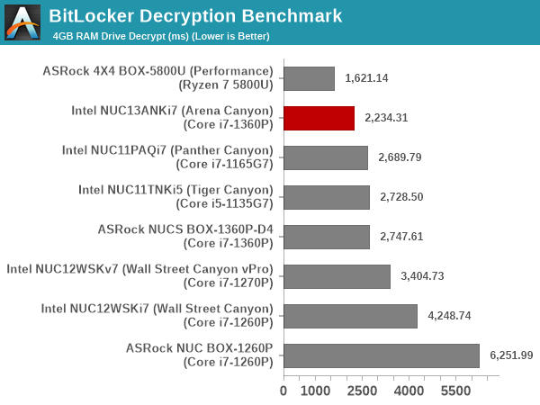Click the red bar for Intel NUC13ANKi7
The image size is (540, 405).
319,118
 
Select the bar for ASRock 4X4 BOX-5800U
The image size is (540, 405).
309,78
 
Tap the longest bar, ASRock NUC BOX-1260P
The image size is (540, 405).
382,355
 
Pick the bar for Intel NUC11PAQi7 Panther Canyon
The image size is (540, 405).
326,157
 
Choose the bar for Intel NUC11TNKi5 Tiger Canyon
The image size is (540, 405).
327,197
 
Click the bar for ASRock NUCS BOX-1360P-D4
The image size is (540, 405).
327,237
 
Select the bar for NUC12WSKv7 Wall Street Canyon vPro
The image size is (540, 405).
337,276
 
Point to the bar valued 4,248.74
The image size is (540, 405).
350,316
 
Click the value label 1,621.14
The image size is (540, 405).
366,78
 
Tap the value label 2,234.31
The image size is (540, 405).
386,118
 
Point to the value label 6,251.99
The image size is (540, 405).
511,355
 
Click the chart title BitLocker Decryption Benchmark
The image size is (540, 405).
195,15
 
